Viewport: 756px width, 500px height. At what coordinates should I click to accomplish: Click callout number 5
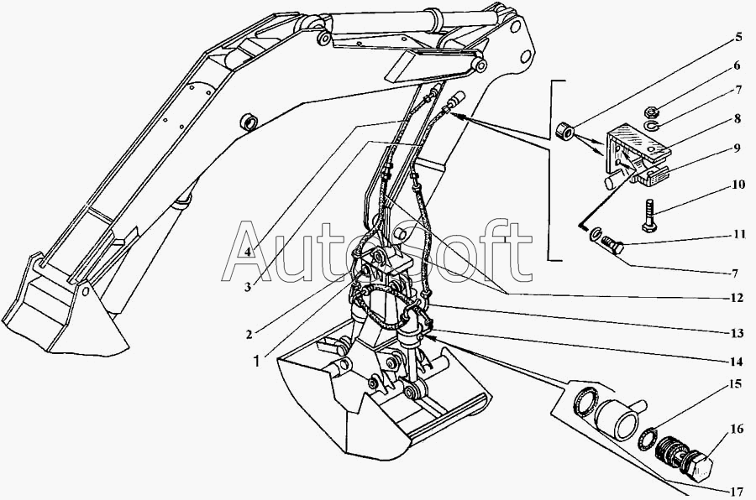tap(738, 36)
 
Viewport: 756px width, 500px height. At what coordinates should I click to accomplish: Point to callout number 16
tap(737, 429)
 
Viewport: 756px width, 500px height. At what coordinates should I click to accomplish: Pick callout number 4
tap(249, 251)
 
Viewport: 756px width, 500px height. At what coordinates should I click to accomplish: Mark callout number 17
tap(737, 490)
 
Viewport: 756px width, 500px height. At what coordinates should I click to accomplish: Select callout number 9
tap(737, 148)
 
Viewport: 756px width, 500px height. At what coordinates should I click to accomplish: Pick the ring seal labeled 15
tap(649, 436)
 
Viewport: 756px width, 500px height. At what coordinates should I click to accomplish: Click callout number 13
tap(737, 334)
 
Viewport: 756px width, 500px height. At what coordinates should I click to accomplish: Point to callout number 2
tap(249, 334)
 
